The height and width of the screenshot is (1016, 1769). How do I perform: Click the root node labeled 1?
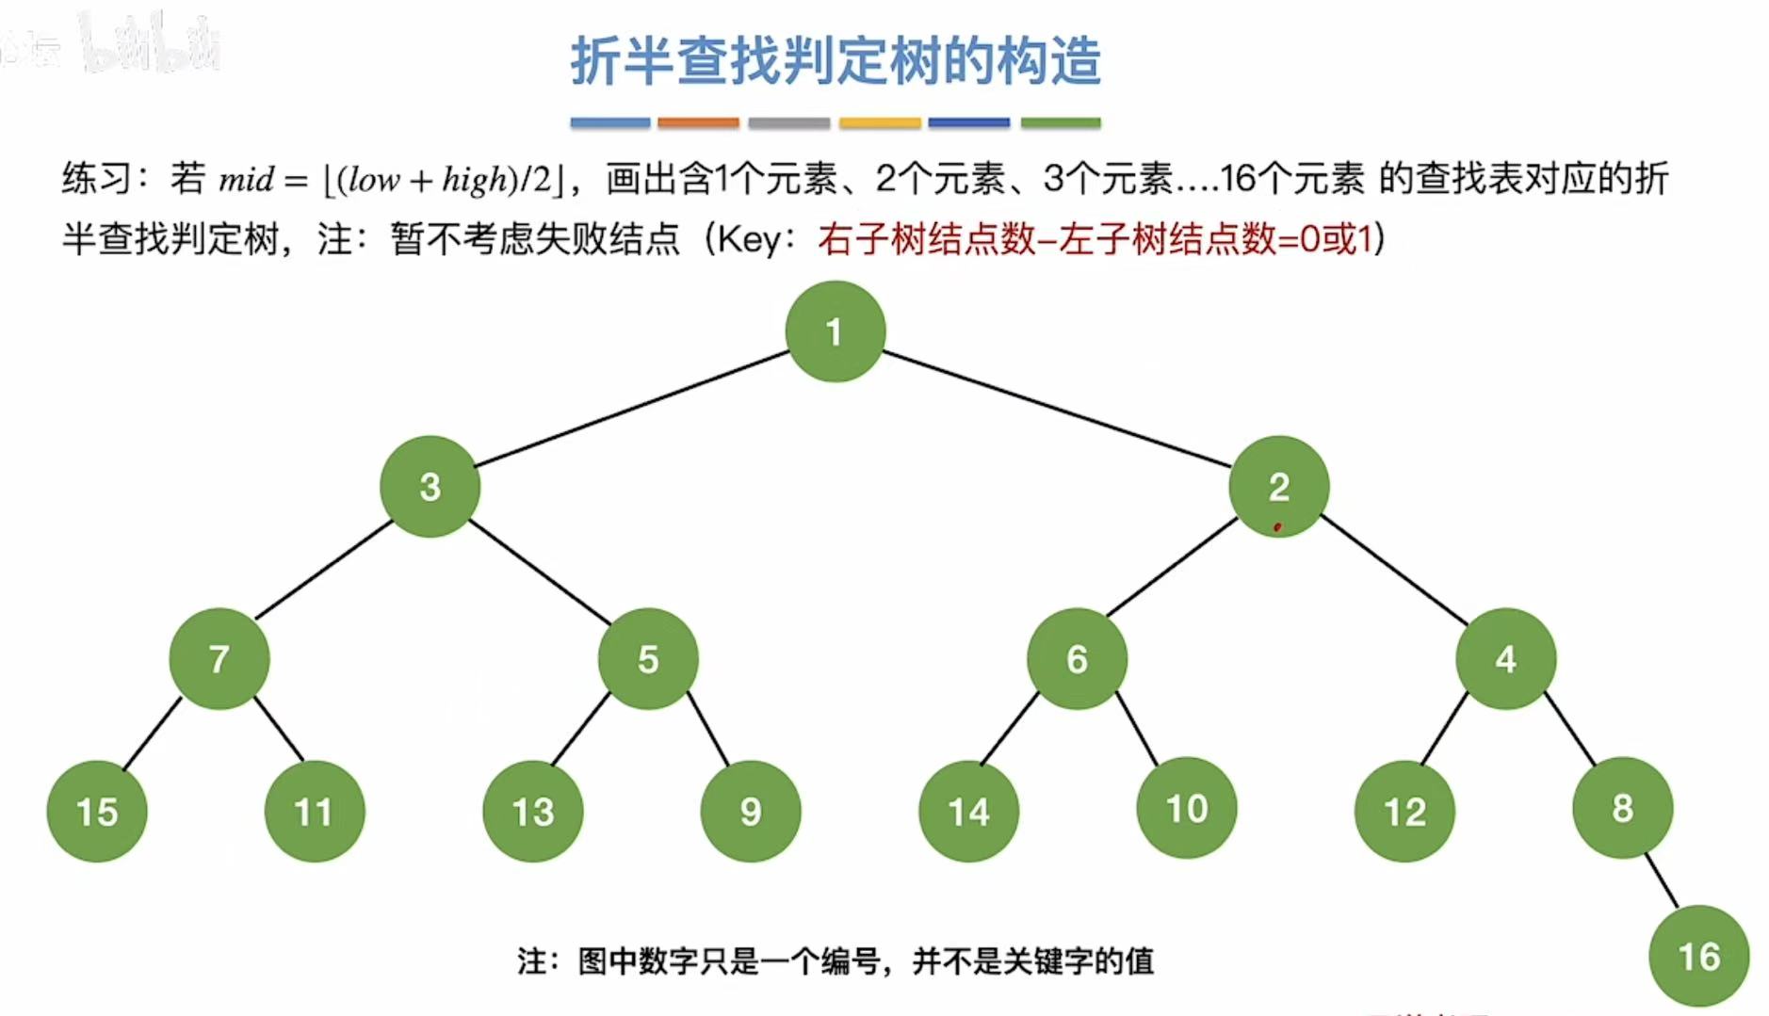[x=835, y=331]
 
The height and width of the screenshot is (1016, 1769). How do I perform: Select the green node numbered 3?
[x=430, y=487]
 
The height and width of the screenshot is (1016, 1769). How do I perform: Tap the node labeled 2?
[x=1278, y=487]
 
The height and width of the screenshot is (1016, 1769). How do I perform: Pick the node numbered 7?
[x=219, y=659]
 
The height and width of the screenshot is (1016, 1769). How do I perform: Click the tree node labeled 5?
[x=648, y=659]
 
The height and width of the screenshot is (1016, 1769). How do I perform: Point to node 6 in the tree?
[x=1077, y=659]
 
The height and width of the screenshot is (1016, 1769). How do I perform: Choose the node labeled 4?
[x=1505, y=659]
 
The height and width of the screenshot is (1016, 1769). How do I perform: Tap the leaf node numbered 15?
[x=97, y=812]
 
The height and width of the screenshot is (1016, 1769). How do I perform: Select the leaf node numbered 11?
[x=315, y=812]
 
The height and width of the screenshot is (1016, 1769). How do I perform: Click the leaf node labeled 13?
[x=533, y=812]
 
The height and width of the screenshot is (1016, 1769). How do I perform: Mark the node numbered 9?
[x=751, y=812]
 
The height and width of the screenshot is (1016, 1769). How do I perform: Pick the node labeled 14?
[x=968, y=812]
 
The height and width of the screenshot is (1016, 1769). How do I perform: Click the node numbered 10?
[x=1187, y=808]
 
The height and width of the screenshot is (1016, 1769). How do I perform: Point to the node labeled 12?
[x=1404, y=812]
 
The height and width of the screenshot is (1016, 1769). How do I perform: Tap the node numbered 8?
[x=1622, y=808]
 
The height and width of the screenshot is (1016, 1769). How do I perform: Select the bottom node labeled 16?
[x=1698, y=957]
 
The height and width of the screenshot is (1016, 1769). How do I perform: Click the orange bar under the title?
[x=698, y=122]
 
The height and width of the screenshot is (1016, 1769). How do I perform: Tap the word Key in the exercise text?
[x=749, y=240]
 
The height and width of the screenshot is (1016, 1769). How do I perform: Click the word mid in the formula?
[x=246, y=179]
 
